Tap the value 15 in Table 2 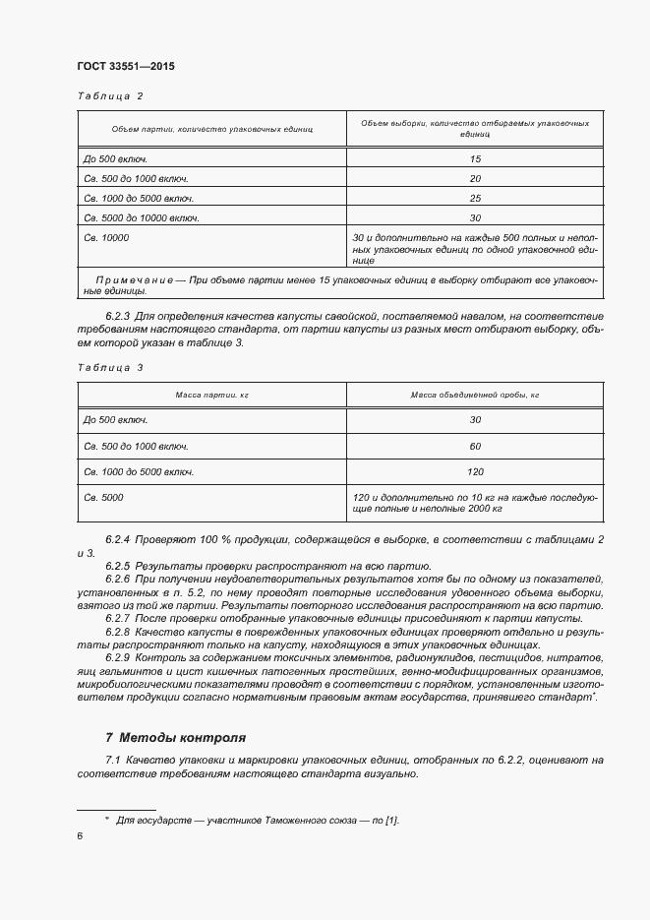(475, 158)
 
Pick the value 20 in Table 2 (475, 179)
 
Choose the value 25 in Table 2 (475, 199)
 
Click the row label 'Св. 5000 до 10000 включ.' (142, 218)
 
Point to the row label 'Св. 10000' (106, 238)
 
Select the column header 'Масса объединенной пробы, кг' (475, 396)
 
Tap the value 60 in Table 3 (475, 446)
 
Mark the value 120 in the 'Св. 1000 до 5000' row (475, 471)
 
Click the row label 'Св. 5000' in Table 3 (103, 497)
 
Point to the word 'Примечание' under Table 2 (134, 281)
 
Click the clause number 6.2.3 (118, 316)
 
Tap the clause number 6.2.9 (118, 656)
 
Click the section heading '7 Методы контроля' (175, 737)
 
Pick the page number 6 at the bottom (80, 835)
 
